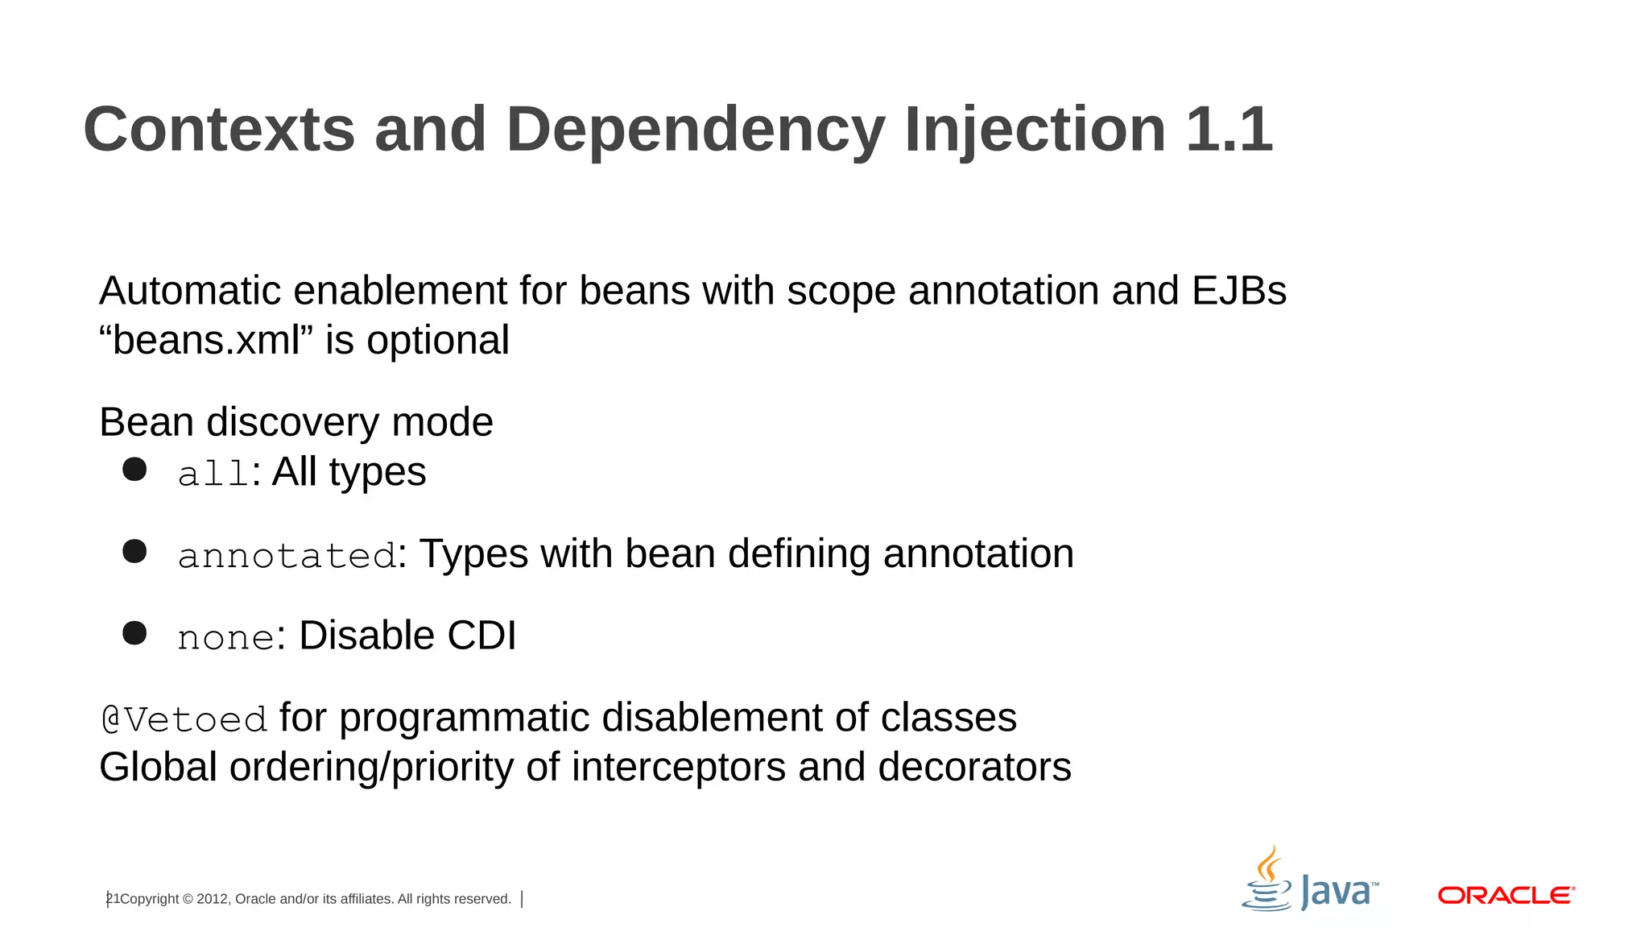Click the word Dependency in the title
(x=695, y=130)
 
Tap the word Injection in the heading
(x=1035, y=130)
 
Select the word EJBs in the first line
(x=1238, y=291)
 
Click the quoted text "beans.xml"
(x=206, y=340)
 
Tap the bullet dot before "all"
(x=134, y=470)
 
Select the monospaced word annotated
(x=287, y=556)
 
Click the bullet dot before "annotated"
(x=134, y=552)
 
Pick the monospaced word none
(x=226, y=638)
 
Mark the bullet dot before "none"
(x=134, y=633)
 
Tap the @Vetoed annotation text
(x=184, y=719)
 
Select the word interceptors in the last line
(x=678, y=767)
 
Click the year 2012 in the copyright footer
(x=212, y=899)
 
